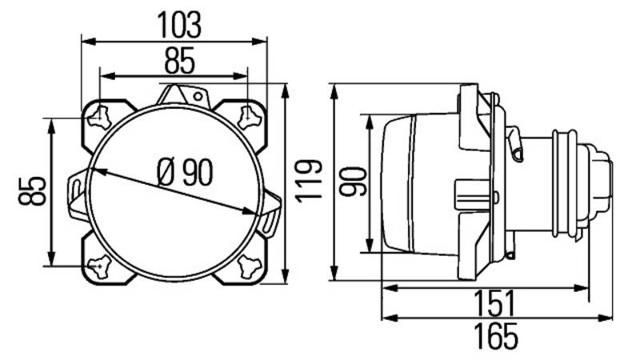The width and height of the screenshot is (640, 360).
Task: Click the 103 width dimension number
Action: (179, 25)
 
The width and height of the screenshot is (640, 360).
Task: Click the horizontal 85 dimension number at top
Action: (180, 61)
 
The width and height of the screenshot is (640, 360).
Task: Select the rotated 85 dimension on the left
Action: (32, 190)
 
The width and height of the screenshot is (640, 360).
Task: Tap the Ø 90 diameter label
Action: (185, 172)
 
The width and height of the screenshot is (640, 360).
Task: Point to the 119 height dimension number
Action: (309, 182)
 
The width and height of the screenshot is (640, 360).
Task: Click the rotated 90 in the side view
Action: (354, 182)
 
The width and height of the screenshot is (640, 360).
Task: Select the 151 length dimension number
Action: (494, 304)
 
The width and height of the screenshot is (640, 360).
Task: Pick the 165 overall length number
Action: (495, 336)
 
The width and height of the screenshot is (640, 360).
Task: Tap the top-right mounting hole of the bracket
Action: (249, 117)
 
